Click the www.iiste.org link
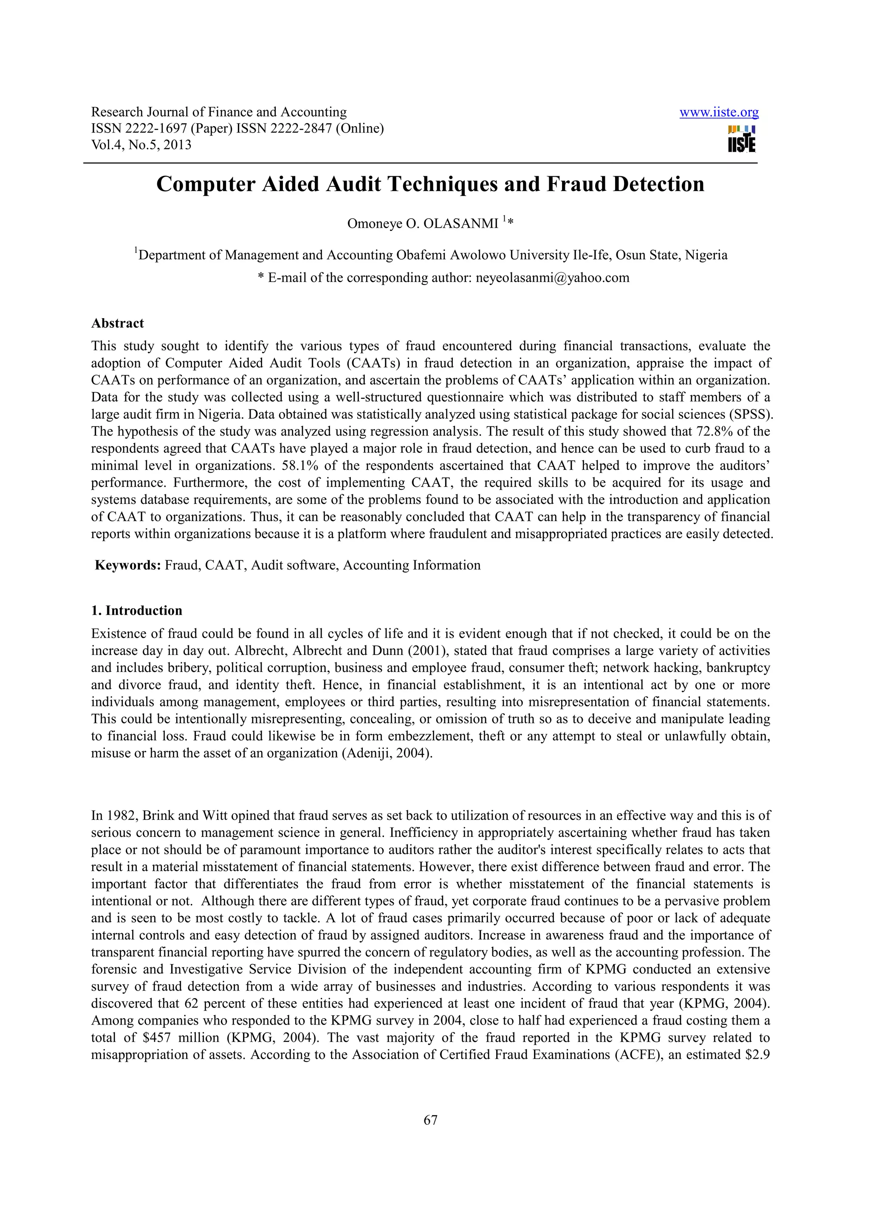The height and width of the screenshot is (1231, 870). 718,112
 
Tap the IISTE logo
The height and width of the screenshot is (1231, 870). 741,139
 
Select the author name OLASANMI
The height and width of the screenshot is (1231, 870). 460,223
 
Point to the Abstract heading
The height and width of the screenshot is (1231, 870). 117,323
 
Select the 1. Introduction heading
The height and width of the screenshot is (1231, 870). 137,611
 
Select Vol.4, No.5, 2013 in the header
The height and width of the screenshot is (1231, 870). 141,145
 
